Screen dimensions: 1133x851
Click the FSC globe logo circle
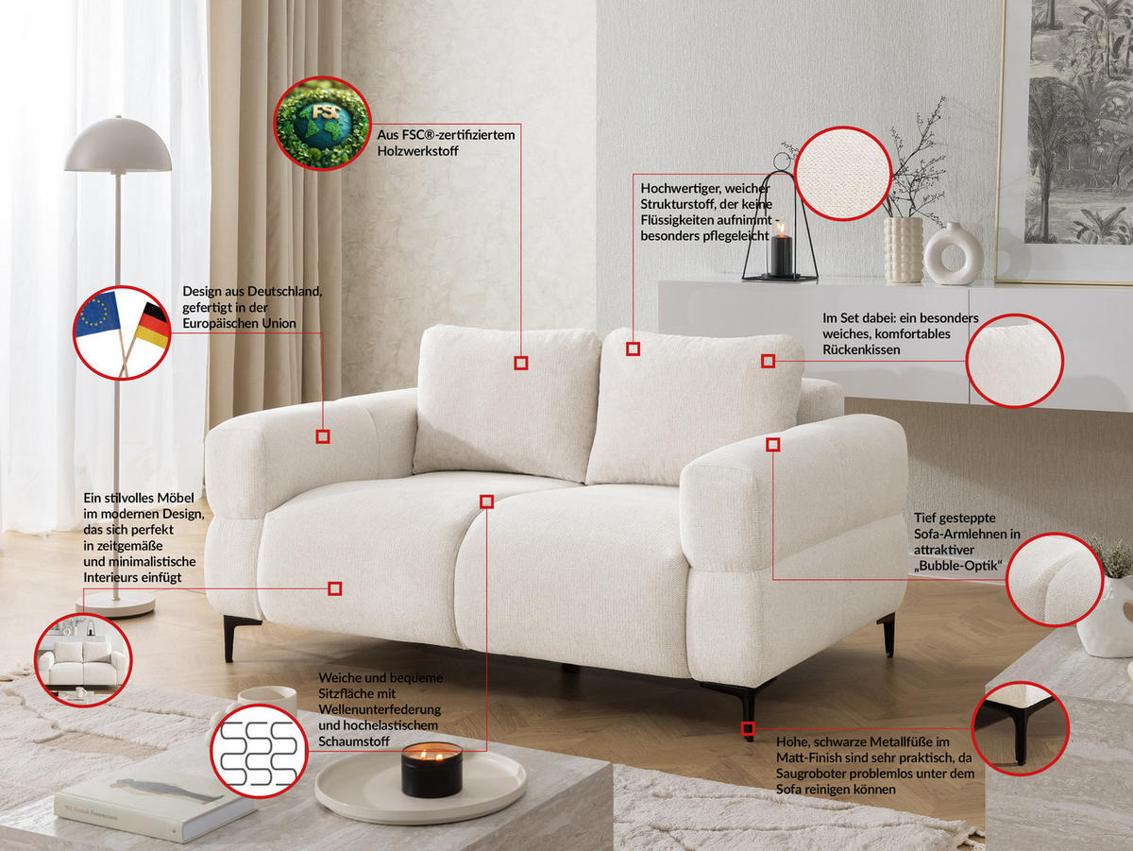click(x=322, y=123)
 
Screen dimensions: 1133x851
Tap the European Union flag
click(x=98, y=315)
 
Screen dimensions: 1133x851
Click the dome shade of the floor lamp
click(x=118, y=145)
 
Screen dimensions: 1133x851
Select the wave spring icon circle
click(x=259, y=751)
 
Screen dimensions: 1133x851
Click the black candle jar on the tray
click(x=431, y=769)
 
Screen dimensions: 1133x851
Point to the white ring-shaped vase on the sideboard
click(x=953, y=254)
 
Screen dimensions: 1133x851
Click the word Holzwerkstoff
click(x=417, y=151)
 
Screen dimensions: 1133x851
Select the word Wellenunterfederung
click(x=380, y=709)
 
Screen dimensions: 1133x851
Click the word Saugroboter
click(x=809, y=774)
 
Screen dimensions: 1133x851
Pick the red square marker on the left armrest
click(x=323, y=436)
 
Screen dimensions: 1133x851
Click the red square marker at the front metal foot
click(x=748, y=728)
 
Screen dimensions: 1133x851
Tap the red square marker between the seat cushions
click(x=487, y=502)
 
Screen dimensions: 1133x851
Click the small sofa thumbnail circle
click(x=83, y=659)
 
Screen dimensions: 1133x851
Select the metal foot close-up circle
click(x=1020, y=728)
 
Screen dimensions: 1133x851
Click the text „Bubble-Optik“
click(x=957, y=566)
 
